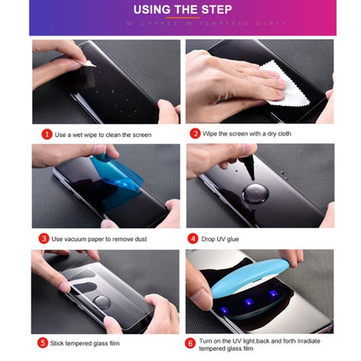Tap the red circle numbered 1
pyautogui.click(x=46, y=134)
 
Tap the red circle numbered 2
pyautogui.click(x=195, y=134)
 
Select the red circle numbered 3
pyautogui.click(x=43, y=238)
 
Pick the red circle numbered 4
pyautogui.click(x=193, y=238)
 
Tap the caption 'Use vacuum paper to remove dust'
pyautogui.click(x=106, y=238)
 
